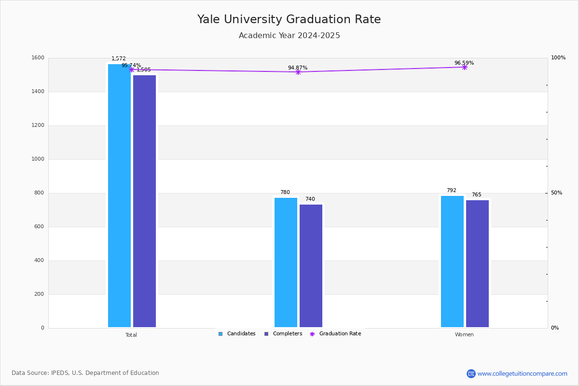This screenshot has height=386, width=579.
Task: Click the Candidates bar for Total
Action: [119, 195]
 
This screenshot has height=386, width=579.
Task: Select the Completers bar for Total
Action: [144, 201]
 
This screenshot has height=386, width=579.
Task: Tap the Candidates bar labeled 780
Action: [286, 262]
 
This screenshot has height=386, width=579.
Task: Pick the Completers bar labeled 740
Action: [311, 266]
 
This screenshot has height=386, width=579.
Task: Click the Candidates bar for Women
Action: [452, 262]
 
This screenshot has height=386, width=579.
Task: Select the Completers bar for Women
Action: [477, 264]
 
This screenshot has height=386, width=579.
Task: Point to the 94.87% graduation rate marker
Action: [298, 72]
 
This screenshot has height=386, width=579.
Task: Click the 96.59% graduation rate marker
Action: [465, 67]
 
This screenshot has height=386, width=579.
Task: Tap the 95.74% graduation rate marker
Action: [131, 69]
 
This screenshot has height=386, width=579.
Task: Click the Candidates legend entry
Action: [237, 334]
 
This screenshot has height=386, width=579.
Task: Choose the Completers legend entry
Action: [283, 334]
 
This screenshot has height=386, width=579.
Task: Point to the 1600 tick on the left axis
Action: [38, 58]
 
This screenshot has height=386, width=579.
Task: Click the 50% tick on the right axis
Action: [556, 193]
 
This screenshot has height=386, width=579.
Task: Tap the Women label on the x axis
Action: [464, 335]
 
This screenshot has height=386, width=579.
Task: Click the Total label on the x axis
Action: [131, 335]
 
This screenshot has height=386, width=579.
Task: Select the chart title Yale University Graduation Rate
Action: [289, 19]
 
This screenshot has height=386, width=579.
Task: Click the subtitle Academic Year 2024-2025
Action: [289, 36]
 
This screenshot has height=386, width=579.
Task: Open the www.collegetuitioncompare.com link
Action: [522, 373]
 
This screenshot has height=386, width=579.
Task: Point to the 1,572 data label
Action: [119, 59]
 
